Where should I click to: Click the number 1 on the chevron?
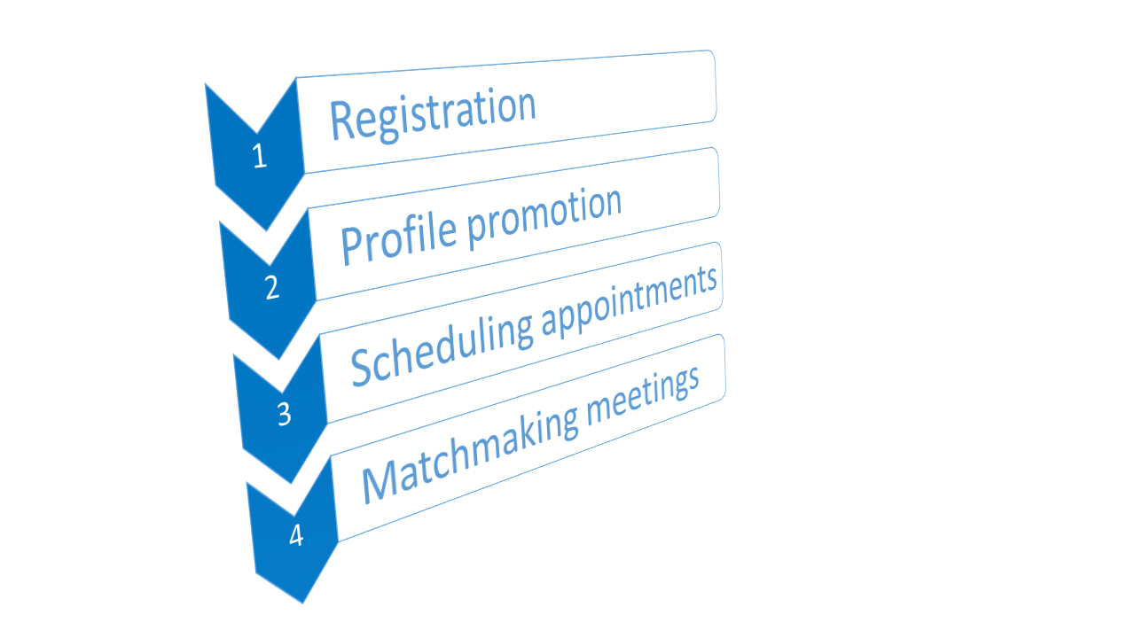pos(260,155)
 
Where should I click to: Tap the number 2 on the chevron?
pos(272,287)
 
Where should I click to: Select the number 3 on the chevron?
pos(285,414)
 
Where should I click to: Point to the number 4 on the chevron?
pos(296,534)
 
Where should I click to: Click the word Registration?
pos(433,114)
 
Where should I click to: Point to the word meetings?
pos(644,395)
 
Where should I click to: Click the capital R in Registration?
pos(342,121)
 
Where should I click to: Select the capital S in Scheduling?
pos(363,368)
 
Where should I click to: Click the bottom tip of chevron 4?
pos(303,603)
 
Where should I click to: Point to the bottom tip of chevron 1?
pos(267,231)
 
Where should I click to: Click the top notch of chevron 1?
pos(257,133)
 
